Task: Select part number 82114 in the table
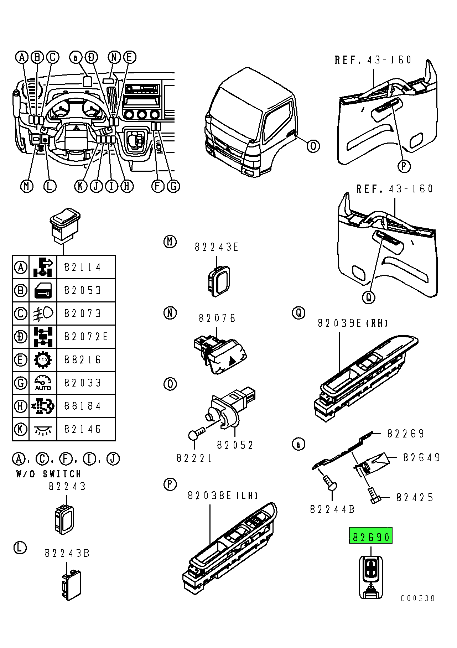click(x=83, y=267)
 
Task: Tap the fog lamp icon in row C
click(x=43, y=313)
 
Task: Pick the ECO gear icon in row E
click(x=43, y=360)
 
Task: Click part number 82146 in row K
click(x=83, y=429)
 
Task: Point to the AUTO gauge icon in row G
click(x=43, y=383)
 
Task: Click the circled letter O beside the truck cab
click(x=313, y=146)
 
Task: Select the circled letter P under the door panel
click(x=404, y=166)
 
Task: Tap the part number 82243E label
click(x=216, y=247)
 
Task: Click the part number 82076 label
click(x=217, y=318)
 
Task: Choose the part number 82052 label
click(x=235, y=445)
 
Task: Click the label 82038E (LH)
click(x=223, y=496)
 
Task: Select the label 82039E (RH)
click(x=353, y=323)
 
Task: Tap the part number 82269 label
click(x=406, y=434)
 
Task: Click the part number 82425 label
click(x=415, y=497)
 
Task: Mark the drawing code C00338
click(x=417, y=598)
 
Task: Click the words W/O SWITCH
click(x=49, y=474)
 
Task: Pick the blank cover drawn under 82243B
click(x=72, y=585)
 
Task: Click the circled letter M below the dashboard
click(x=27, y=186)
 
